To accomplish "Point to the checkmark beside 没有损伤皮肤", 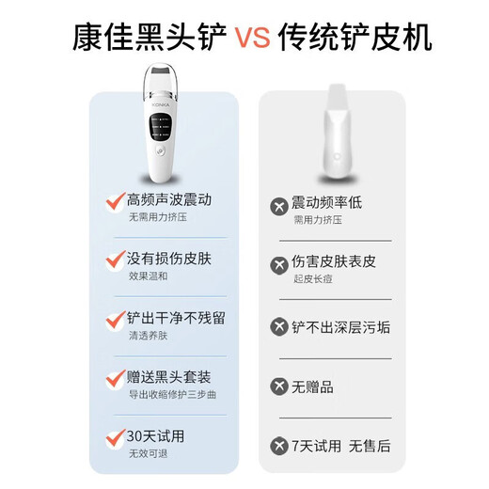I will tap(114, 258).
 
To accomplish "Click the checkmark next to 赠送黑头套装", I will tap(114, 378).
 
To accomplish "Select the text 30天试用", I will tap(156, 436).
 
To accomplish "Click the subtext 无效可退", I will tap(148, 453).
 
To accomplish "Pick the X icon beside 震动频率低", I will tap(279, 207).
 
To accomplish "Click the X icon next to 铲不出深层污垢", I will tap(279, 326).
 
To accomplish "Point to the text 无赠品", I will tap(314, 386).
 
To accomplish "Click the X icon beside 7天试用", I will tap(279, 445).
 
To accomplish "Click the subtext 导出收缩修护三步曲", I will tap(172, 394).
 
